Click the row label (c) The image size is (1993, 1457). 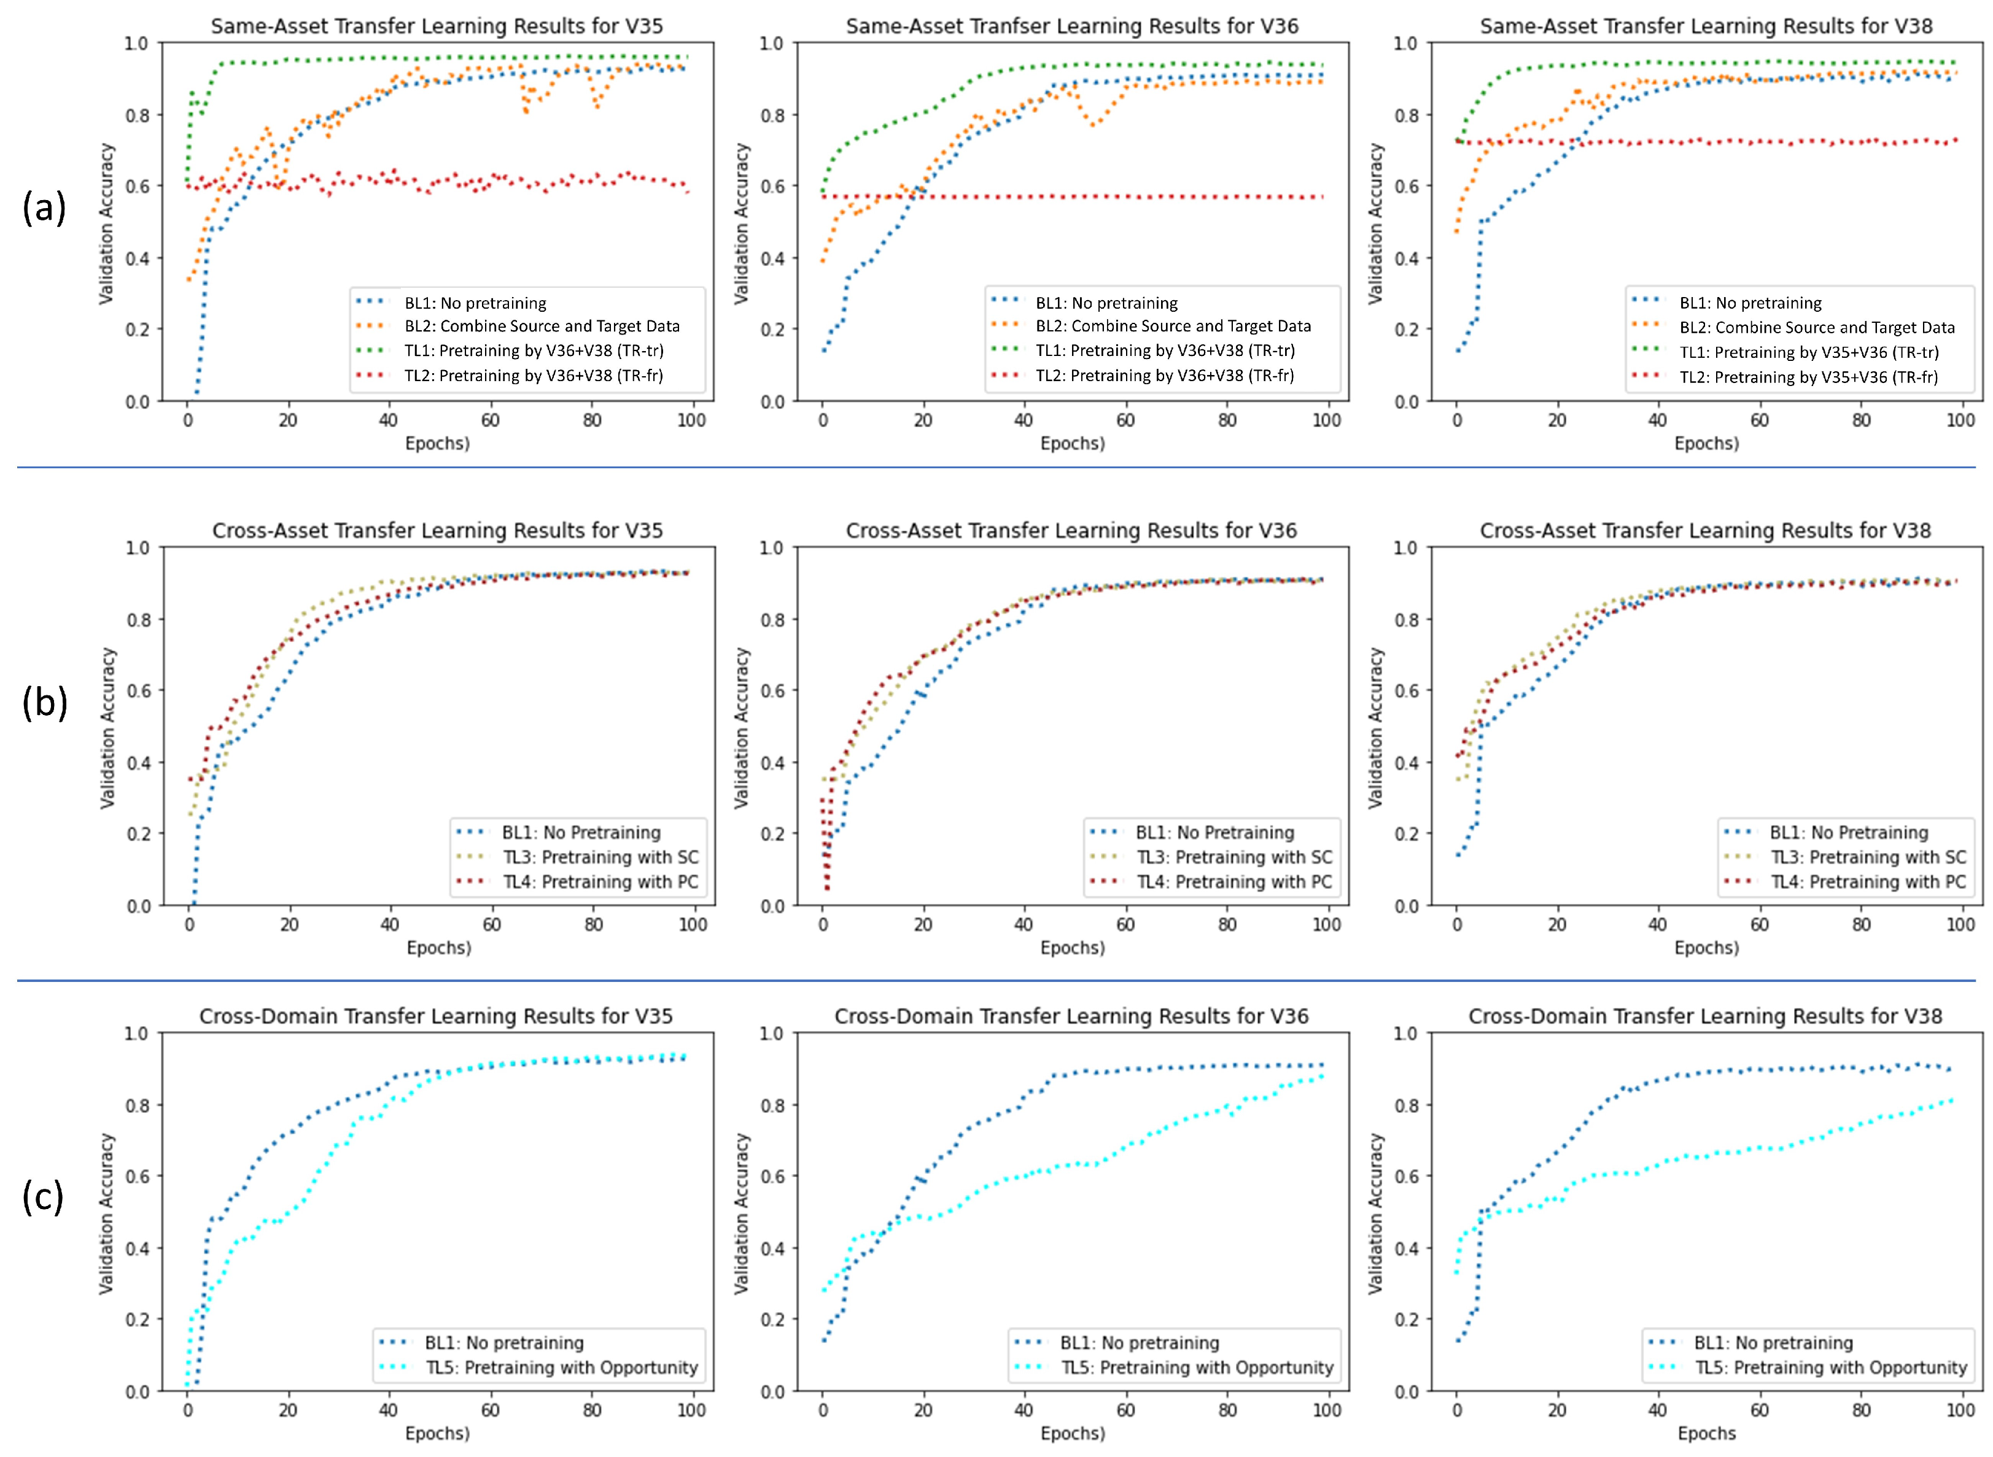coord(42,1197)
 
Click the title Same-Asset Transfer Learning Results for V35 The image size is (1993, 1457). coord(437,26)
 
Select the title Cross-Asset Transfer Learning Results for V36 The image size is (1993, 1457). coord(1071,530)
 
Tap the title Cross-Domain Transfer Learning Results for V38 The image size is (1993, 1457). coord(1704,1016)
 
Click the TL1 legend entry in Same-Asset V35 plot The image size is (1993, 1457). coord(534,351)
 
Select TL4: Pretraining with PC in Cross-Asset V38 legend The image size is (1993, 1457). coord(1868,882)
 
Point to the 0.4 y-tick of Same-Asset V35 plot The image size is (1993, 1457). coord(138,258)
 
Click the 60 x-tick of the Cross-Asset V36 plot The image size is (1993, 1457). coord(1125,924)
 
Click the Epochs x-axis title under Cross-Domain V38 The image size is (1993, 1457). coord(1706,1433)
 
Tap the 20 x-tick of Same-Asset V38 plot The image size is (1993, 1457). coord(1557,420)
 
